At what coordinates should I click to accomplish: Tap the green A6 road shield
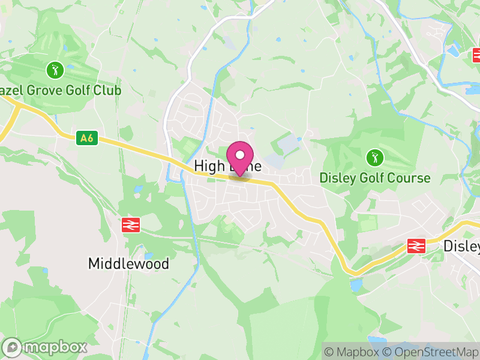coord(87,138)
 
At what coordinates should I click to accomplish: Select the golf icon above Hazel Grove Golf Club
coord(55,70)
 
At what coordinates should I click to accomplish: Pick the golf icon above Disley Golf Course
coord(375,158)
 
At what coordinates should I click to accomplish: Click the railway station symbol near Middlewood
coord(131,225)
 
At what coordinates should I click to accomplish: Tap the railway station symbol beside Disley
coord(416,245)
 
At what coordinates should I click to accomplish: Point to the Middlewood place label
coord(128,263)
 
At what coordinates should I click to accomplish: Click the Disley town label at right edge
coord(461,246)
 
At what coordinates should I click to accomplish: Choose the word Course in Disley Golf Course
coord(410,178)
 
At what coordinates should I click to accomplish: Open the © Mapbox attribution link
coord(352,352)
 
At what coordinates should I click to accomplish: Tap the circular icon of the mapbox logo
coord(13,347)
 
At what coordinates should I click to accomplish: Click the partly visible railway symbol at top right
coord(477,56)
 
